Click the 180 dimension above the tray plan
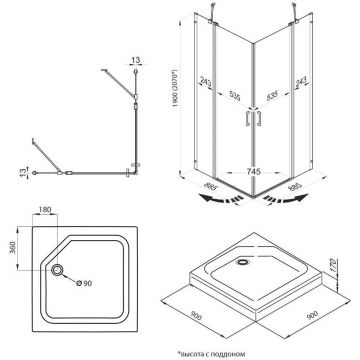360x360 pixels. pos(44,210)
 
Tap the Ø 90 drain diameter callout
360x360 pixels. pos(84,283)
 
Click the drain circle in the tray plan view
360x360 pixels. pos(57,269)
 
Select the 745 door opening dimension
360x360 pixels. pos(254,172)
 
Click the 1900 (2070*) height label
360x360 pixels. pos(176,88)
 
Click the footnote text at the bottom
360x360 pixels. pos(212,353)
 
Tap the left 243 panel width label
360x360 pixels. pos(206,82)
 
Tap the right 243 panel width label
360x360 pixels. pos(301,82)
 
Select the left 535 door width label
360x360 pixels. pos(235,96)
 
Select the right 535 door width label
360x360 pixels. pos(272,96)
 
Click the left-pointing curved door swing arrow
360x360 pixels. pos(222,199)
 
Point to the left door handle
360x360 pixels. pos(247,118)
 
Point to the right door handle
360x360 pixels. pos(259,118)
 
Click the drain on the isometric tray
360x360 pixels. pos(242,262)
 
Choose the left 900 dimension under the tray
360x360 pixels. pos(196,315)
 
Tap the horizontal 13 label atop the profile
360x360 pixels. pos(135,60)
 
